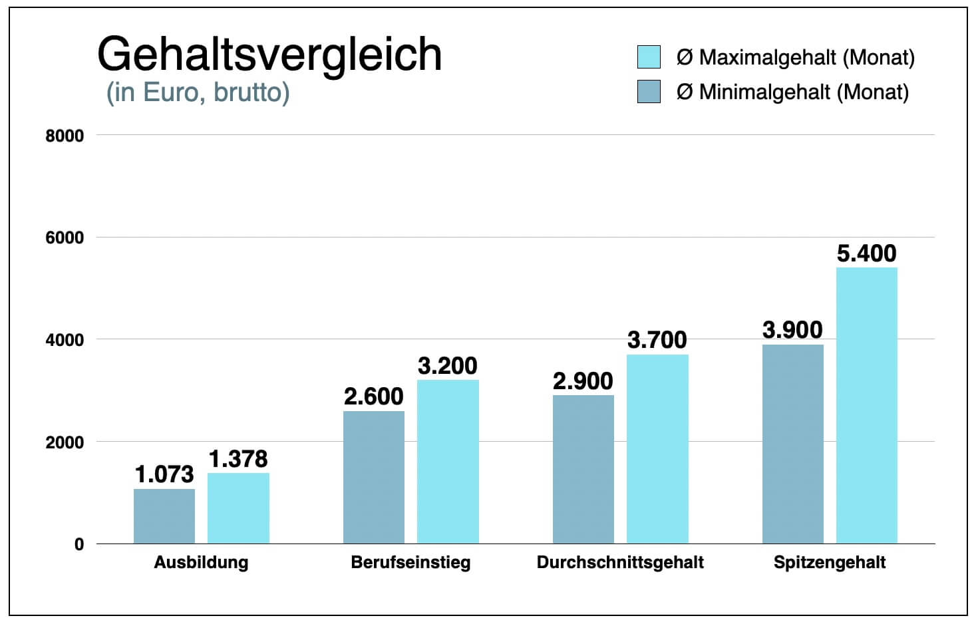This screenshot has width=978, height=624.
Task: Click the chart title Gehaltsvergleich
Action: pyautogui.click(x=269, y=55)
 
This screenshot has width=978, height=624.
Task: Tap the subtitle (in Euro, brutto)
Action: pyautogui.click(x=198, y=92)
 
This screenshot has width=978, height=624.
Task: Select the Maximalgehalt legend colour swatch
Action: pyautogui.click(x=649, y=57)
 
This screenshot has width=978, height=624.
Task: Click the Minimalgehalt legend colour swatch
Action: pyautogui.click(x=649, y=92)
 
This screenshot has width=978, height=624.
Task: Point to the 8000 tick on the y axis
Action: pyautogui.click(x=65, y=136)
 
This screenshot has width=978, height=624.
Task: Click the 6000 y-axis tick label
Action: pyautogui.click(x=65, y=238)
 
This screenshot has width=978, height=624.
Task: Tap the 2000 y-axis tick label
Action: pyautogui.click(x=65, y=442)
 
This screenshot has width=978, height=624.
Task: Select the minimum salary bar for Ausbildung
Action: pyautogui.click(x=164, y=516)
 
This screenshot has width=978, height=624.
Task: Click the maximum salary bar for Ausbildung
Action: pyautogui.click(x=238, y=508)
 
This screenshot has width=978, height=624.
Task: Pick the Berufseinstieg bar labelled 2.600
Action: pyautogui.click(x=374, y=477)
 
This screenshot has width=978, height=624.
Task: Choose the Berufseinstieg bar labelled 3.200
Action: pyautogui.click(x=448, y=462)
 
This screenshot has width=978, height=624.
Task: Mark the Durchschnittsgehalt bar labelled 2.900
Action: pyautogui.click(x=583, y=469)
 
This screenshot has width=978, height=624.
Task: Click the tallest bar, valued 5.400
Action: pyautogui.click(x=866, y=405)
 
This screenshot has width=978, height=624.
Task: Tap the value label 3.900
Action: pyautogui.click(x=792, y=330)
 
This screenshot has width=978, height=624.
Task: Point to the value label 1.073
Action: pyautogui.click(x=164, y=474)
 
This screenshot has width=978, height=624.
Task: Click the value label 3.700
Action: pyautogui.click(x=657, y=340)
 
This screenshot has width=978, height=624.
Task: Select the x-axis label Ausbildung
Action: pyautogui.click(x=201, y=563)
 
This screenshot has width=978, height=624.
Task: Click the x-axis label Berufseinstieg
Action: pyautogui.click(x=410, y=563)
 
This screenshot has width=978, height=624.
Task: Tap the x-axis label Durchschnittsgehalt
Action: pyautogui.click(x=620, y=563)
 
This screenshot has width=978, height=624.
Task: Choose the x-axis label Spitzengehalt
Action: pyautogui.click(x=830, y=563)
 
